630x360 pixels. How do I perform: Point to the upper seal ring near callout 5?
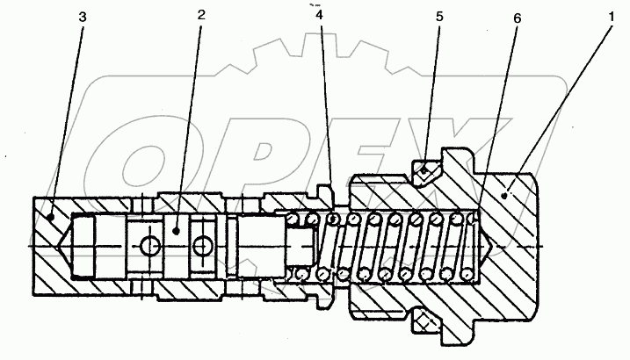(x=425, y=169)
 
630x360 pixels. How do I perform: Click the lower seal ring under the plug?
(x=425, y=323)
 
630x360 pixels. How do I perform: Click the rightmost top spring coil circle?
(x=475, y=218)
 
